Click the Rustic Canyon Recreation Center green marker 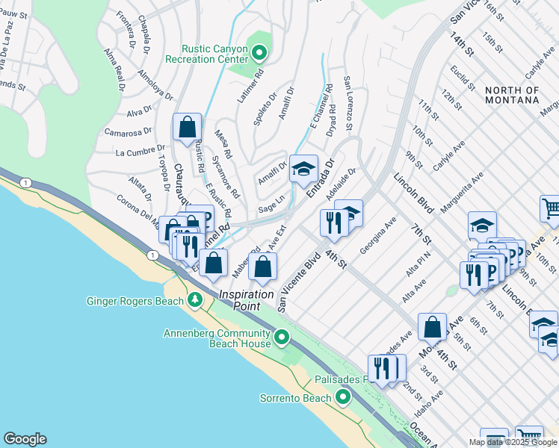pos(259,53)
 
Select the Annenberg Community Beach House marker pos(282,338)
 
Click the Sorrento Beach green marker pos(343,396)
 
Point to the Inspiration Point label pos(246,300)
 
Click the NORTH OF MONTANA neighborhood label pos(512,95)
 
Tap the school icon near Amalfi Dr pos(304,167)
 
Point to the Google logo pos(25,439)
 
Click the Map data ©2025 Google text pos(513,442)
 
